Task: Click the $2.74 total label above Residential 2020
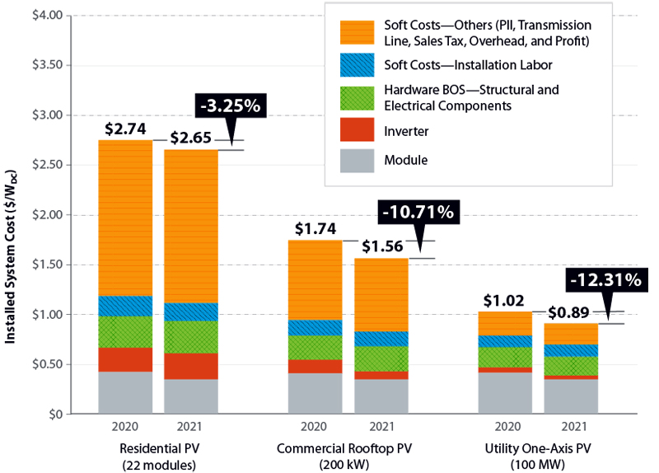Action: tap(125, 129)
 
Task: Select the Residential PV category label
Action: tap(158, 449)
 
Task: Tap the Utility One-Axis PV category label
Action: tap(537, 449)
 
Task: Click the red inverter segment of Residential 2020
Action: tap(125, 359)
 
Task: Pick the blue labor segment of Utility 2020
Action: tap(505, 341)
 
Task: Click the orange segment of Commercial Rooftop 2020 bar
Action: tap(315, 279)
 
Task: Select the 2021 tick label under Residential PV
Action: tap(191, 427)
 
